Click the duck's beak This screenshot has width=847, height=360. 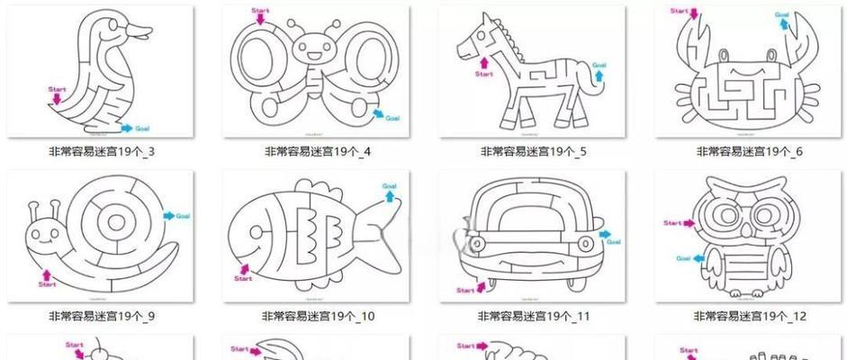point(140,33)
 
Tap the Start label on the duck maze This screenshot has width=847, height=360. point(57,89)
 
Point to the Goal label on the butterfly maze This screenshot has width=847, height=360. point(392,118)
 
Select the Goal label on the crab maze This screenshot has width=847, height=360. point(782,15)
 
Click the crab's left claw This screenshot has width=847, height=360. point(694,37)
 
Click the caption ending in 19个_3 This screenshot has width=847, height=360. point(101,151)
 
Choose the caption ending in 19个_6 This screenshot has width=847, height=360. point(748,151)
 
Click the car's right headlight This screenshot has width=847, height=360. point(583,243)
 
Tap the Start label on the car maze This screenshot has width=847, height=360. point(465,290)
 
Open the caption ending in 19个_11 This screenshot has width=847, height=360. point(534,316)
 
